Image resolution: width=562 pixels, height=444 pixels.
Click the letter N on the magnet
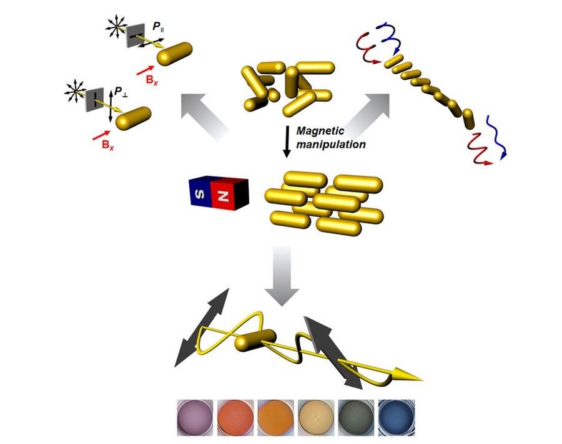point(224,195)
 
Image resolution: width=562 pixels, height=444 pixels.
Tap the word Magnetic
point(320,131)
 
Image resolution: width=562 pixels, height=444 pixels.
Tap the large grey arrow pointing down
point(282,275)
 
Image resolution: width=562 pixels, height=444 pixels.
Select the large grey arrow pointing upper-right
point(368,112)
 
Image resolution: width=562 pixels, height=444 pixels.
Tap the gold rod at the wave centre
point(255,340)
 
